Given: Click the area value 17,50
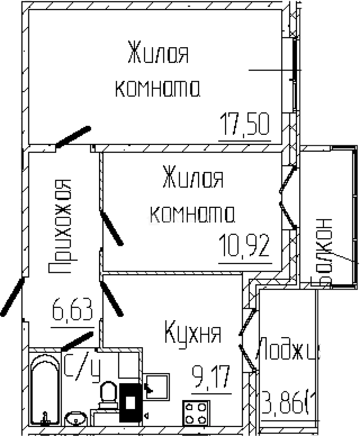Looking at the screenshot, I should coord(245,126).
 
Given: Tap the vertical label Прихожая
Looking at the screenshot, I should coord(59,226).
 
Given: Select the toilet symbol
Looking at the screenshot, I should coord(108,394).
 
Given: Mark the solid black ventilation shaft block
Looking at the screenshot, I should coord(131,403).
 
